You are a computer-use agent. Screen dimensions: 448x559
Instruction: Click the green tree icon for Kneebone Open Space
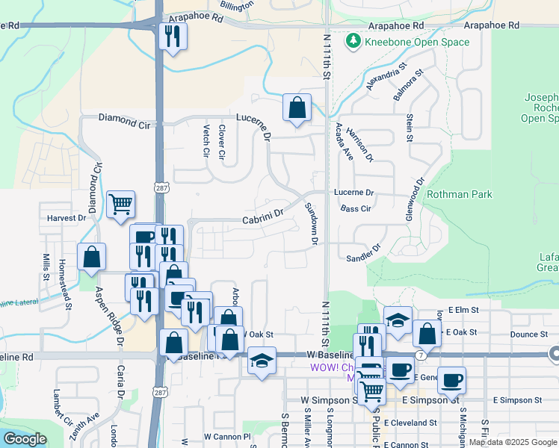coord(353,42)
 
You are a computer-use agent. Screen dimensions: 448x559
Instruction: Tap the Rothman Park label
coord(460,194)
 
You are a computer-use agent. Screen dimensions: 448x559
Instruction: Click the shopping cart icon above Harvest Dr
coord(120,203)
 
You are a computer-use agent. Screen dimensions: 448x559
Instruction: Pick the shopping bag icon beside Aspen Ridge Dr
coord(90,257)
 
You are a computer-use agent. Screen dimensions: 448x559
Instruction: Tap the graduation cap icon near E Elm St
coord(398,319)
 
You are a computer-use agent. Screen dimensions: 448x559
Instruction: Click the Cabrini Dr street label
coord(264,216)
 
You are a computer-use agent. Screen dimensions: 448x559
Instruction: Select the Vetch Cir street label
coord(206,141)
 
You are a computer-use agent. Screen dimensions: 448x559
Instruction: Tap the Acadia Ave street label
coord(344,141)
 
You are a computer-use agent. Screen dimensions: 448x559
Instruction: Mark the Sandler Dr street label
coord(364,253)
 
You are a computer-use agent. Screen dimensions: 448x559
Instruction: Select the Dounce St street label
coord(530,336)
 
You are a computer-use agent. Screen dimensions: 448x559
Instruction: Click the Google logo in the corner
coord(25,439)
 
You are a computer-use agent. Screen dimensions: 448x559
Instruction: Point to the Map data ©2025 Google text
coord(513,442)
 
